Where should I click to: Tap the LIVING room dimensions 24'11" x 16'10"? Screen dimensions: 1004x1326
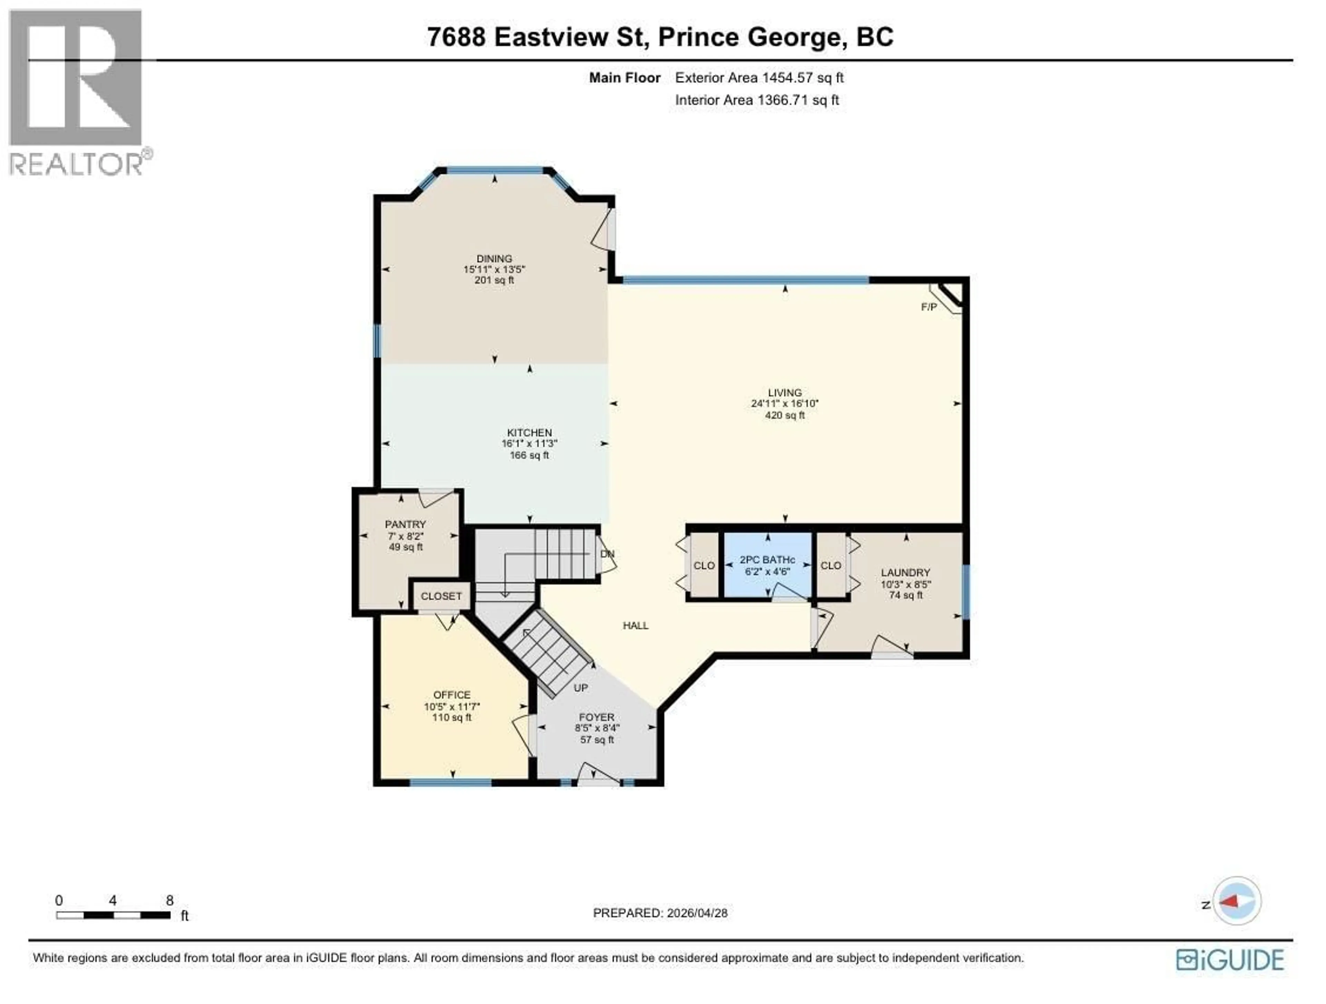coord(784,403)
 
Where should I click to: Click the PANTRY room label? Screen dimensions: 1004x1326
coord(405,524)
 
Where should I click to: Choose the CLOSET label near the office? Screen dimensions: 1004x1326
coord(441,596)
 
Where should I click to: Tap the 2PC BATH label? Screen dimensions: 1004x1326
coord(767,560)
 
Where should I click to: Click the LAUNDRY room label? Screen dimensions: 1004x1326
coord(905,572)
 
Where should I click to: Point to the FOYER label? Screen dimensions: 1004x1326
coord(596,717)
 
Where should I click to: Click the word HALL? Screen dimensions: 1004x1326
coord(635,625)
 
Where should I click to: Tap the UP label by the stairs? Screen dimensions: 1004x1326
coord(580,688)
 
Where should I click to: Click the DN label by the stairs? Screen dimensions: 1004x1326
coord(607,554)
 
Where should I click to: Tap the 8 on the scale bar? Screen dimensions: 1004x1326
coord(170,900)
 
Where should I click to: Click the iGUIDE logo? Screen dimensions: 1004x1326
coord(1230,960)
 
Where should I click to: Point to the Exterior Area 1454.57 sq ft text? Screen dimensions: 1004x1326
coord(759,77)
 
